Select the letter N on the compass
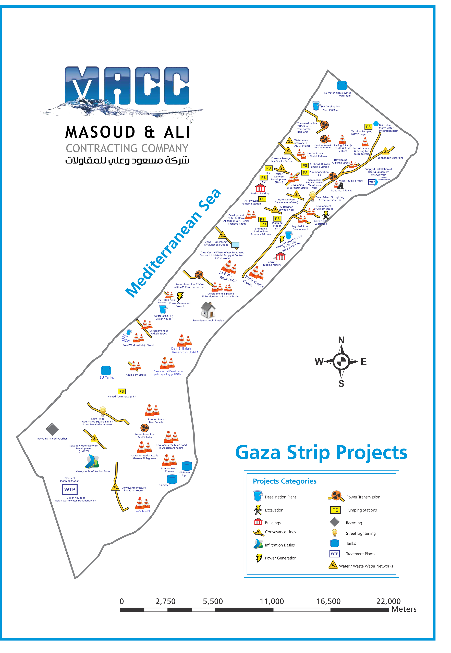coord(341,340)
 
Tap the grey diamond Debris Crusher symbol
coord(52,429)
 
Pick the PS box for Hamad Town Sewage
coord(121,391)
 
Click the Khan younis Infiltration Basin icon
coord(92,462)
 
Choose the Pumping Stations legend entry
coord(361,510)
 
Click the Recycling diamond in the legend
coord(335,522)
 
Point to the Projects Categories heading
coord(285,481)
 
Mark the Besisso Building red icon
coord(260,187)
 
